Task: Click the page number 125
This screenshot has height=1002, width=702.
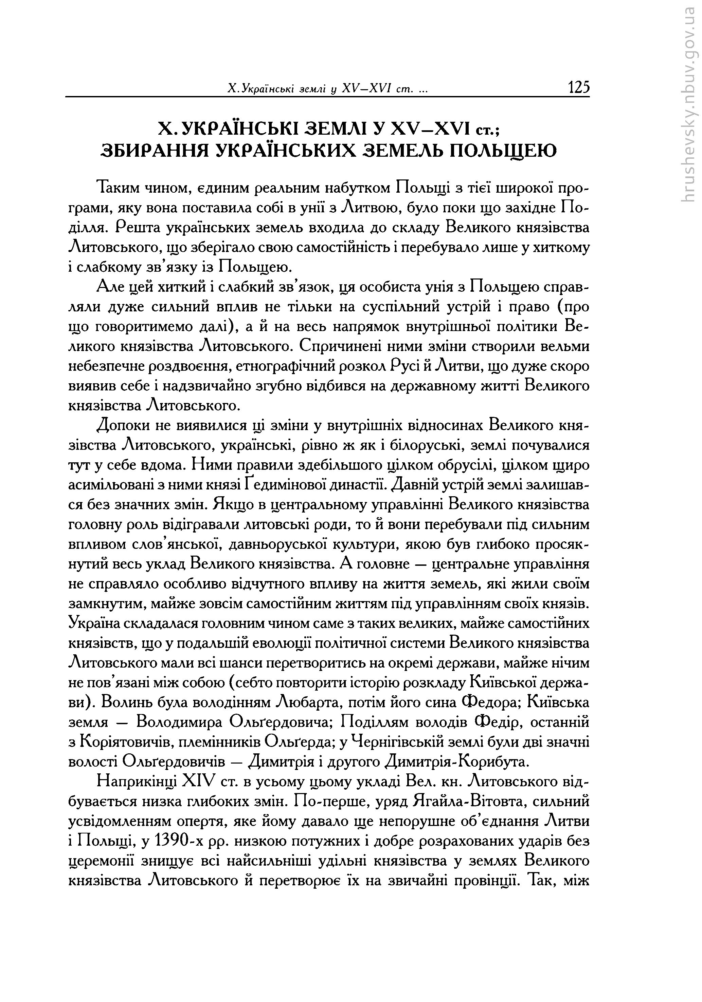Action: coord(578,87)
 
